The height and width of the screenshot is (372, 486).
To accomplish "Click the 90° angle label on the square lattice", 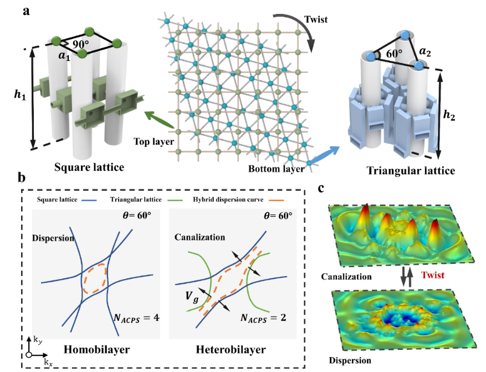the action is click(80, 44).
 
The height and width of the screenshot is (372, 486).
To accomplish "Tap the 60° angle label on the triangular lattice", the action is click(394, 54).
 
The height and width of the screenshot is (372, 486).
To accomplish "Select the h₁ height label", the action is click(20, 94).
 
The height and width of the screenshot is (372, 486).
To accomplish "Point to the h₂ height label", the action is click(449, 115).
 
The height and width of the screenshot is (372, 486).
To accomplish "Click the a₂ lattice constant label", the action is click(424, 52).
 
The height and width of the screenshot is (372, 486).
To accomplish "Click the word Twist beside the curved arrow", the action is click(316, 19).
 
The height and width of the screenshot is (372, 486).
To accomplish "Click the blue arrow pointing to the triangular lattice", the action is click(324, 155).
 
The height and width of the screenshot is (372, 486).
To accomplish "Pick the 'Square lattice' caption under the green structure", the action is click(89, 167).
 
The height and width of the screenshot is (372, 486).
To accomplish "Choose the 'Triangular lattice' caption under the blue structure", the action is click(411, 171).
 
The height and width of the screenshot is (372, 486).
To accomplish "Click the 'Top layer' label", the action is click(154, 142).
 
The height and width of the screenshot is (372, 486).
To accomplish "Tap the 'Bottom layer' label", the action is click(277, 169).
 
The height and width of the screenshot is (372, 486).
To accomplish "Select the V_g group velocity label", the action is click(192, 297).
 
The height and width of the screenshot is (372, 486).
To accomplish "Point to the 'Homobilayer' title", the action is click(97, 349).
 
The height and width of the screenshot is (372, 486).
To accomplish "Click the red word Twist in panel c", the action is click(433, 275).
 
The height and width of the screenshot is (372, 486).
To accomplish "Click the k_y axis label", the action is click(38, 340).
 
